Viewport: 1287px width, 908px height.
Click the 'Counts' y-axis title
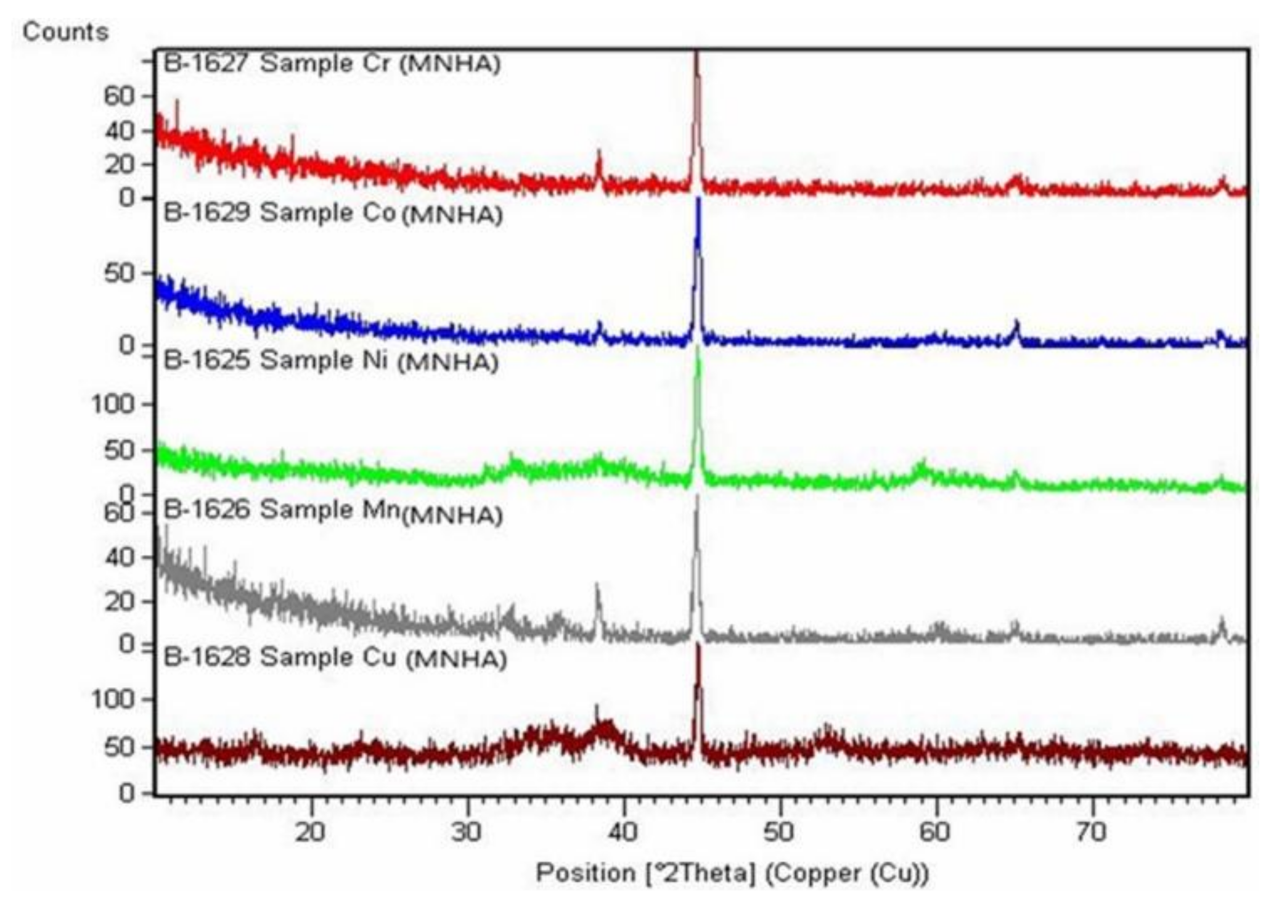tap(65, 32)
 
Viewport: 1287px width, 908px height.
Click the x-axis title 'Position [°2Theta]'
tap(732, 873)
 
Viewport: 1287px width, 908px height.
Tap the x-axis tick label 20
tap(311, 832)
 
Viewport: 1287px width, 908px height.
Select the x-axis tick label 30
tap(467, 832)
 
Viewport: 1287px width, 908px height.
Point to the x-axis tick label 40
tap(623, 832)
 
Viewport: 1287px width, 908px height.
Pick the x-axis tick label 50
tap(779, 832)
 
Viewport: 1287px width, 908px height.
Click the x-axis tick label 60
tap(936, 832)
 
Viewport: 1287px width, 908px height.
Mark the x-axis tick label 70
tap(1092, 832)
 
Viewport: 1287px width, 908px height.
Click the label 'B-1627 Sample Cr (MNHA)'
tap(332, 64)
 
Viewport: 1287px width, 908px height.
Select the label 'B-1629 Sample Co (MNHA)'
tap(333, 213)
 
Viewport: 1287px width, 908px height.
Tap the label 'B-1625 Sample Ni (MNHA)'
tap(331, 361)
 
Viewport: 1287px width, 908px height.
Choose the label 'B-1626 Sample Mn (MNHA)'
tap(333, 511)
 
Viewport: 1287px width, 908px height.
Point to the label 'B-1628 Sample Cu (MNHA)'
tap(335, 658)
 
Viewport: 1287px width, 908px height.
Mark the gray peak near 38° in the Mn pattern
tap(597, 589)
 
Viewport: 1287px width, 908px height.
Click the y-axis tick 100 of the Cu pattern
tap(112, 700)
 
